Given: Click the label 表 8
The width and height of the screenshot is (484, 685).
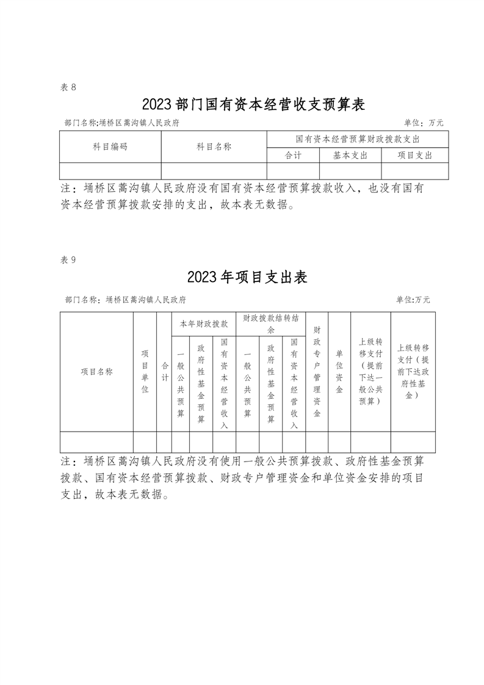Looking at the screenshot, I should tap(68, 87).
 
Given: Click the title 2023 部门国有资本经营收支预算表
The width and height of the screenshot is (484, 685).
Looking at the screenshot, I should tap(253, 104).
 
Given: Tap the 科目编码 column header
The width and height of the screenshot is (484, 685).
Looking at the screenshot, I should tap(110, 147).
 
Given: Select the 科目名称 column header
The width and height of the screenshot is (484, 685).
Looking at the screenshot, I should tap(214, 147).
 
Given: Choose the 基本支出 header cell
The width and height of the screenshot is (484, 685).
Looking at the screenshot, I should tap(350, 155).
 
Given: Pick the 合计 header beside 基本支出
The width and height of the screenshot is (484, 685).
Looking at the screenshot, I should tap(294, 155).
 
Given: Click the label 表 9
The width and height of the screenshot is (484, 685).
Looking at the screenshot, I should tap(68, 259).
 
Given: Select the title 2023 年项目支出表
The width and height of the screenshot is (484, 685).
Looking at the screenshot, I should tap(247, 277).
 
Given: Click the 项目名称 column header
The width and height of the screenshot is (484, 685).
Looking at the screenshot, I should tap(96, 371).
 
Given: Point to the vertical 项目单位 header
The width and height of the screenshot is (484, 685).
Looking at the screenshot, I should tap(145, 371).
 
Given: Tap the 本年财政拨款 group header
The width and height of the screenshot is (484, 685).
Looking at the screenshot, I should tap(203, 324).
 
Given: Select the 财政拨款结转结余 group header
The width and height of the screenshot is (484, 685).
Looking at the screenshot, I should tap(270, 324).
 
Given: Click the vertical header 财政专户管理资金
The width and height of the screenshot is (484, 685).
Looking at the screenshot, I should tap(317, 371).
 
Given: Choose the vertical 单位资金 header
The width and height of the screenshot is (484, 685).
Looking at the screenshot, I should tap(339, 371).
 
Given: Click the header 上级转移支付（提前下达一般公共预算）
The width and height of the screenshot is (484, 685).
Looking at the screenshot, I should tap(370, 371).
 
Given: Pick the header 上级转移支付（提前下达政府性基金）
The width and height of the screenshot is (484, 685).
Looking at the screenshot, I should tap(413, 371).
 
